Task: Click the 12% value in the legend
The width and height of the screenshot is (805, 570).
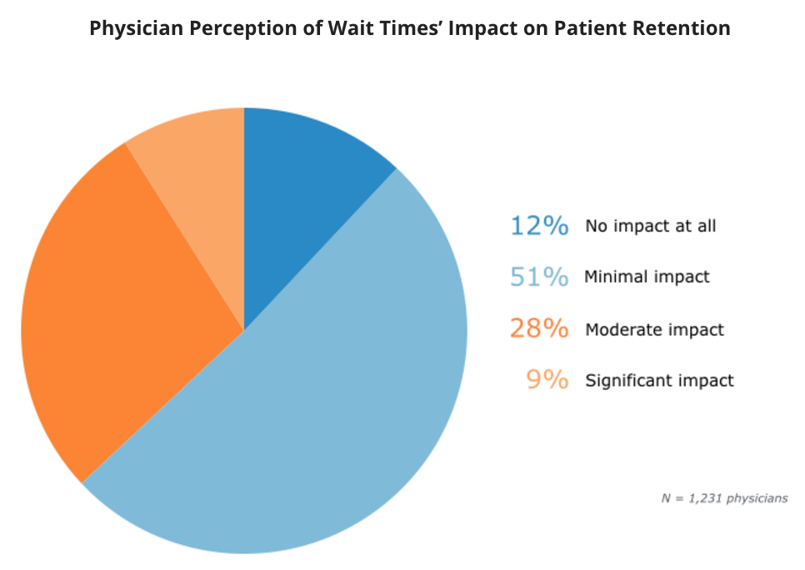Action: (539, 226)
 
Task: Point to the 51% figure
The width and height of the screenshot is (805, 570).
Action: (539, 277)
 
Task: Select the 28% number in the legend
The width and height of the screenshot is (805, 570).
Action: (539, 328)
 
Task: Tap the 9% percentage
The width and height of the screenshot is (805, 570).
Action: (547, 380)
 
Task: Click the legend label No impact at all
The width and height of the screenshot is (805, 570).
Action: (650, 226)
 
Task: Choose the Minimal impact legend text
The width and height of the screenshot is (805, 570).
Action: (647, 277)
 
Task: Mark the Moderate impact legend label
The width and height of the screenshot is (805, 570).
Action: (654, 329)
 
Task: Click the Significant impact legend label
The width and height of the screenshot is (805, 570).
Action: (659, 381)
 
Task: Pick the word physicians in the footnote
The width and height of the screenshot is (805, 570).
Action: (756, 498)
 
